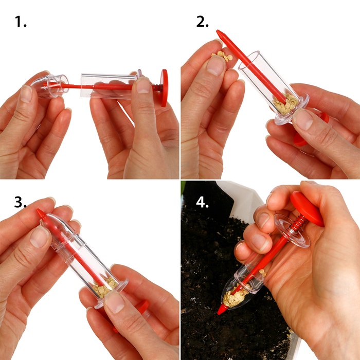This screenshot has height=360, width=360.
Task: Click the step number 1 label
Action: [x=21, y=22]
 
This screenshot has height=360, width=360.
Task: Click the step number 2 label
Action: [x=202, y=22]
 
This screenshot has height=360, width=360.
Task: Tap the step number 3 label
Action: [x=20, y=202]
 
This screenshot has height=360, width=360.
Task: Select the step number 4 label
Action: [x=202, y=202]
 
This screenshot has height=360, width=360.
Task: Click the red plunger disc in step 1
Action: [x=164, y=88]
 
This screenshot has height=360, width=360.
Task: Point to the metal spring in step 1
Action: [x=156, y=88]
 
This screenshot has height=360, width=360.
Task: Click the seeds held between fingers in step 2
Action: [x=222, y=56]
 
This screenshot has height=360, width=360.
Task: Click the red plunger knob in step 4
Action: [x=307, y=208]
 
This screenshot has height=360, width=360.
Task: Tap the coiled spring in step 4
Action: [x=298, y=223]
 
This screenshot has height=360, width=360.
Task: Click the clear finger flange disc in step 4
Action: [x=292, y=230]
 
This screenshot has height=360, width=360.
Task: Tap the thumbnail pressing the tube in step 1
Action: [x=143, y=85]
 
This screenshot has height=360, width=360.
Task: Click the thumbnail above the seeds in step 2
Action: [x=215, y=65]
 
